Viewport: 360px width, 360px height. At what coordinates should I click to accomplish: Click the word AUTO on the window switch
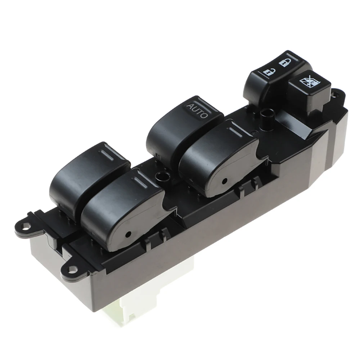point(197,111)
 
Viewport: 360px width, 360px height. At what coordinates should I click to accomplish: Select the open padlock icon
point(267,72)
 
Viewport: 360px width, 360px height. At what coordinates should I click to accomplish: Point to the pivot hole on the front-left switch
point(128,234)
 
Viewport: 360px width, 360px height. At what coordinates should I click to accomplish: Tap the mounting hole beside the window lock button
point(337,94)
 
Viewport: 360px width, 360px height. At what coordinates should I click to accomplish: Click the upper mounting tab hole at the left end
point(24,227)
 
